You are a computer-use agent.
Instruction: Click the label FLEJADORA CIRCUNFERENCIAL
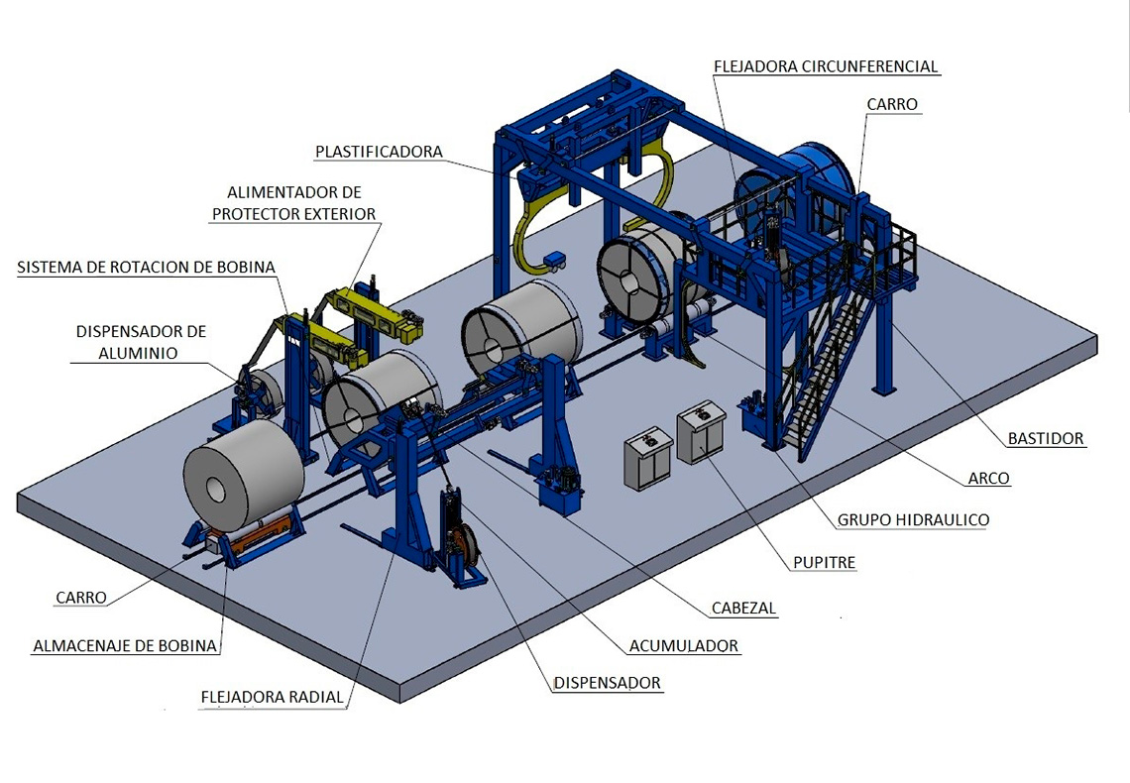[x=826, y=66]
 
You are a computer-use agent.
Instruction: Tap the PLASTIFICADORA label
[x=379, y=152]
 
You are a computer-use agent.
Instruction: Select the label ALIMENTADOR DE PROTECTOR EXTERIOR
[x=294, y=203]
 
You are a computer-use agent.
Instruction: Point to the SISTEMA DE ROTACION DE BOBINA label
[x=147, y=268]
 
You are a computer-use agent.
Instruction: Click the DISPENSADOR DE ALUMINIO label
[x=141, y=342]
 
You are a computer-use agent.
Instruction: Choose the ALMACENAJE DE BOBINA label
[x=126, y=646]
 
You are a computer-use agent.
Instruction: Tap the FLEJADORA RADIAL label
[x=273, y=698]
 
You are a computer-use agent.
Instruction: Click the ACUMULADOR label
[x=684, y=646]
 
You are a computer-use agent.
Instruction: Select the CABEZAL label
[x=743, y=608]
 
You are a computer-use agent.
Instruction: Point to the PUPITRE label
[x=825, y=563]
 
